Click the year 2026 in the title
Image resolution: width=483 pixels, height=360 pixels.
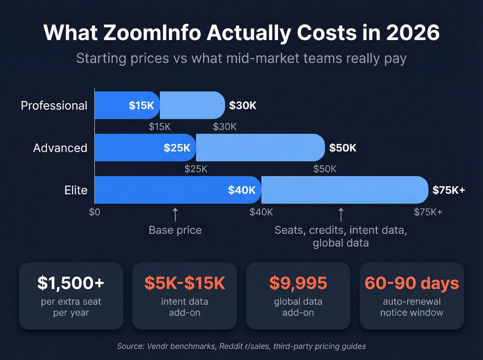pyautogui.click(x=413, y=33)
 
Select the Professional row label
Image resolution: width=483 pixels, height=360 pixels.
pyautogui.click(x=54, y=105)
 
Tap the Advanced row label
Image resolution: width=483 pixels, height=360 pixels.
pyautogui.click(x=60, y=148)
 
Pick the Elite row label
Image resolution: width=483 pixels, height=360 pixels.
pyautogui.click(x=76, y=190)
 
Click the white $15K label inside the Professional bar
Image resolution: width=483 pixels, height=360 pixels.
pyautogui.click(x=141, y=105)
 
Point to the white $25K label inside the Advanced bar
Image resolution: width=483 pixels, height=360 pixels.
pyautogui.click(x=177, y=148)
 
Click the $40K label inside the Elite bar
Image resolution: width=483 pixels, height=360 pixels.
pyautogui.click(x=241, y=190)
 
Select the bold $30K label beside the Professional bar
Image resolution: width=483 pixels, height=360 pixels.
pyautogui.click(x=243, y=105)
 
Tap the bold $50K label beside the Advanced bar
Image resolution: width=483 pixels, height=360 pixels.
pyautogui.click(x=343, y=148)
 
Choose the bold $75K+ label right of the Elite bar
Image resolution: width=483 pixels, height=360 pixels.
pyautogui.click(x=448, y=190)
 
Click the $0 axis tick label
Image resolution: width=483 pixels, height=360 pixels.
pyautogui.click(x=95, y=212)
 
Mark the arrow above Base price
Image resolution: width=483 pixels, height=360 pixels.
pyautogui.click(x=175, y=214)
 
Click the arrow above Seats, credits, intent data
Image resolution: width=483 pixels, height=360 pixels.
pyautogui.click(x=341, y=214)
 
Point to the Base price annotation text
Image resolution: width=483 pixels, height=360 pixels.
pyautogui.click(x=175, y=230)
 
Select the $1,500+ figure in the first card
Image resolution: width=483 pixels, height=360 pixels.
pyautogui.click(x=71, y=283)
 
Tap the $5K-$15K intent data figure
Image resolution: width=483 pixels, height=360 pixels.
pyautogui.click(x=185, y=283)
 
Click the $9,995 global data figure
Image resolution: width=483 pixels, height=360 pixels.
pyautogui.click(x=298, y=283)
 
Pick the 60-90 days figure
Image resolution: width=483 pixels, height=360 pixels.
pyautogui.click(x=412, y=283)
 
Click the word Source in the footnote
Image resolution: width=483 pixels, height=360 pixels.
pyautogui.click(x=130, y=346)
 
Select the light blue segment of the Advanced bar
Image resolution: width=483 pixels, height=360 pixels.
pyautogui.click(x=260, y=148)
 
